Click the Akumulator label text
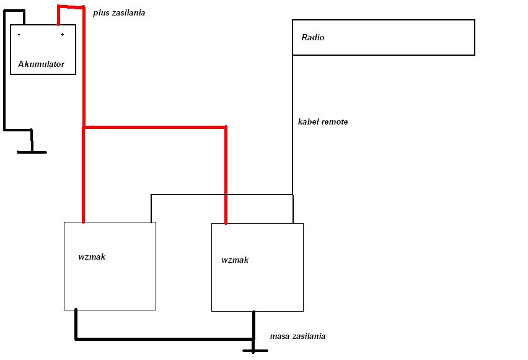[41, 64]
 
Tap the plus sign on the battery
[63, 34]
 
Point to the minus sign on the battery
[19, 34]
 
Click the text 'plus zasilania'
[119, 13]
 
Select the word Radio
[313, 37]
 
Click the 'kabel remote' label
[323, 121]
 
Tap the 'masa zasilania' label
[297, 336]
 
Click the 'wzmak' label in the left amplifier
[92, 257]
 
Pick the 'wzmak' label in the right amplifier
[235, 260]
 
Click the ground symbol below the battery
[32, 152]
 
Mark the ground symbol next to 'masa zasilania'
[255, 351]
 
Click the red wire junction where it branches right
[84, 127]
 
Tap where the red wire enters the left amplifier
[84, 222]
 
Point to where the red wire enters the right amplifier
[226, 222]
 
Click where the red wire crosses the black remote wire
[226, 195]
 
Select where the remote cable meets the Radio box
[293, 55]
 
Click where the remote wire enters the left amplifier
[151, 222]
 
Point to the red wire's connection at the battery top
[58, 24]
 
